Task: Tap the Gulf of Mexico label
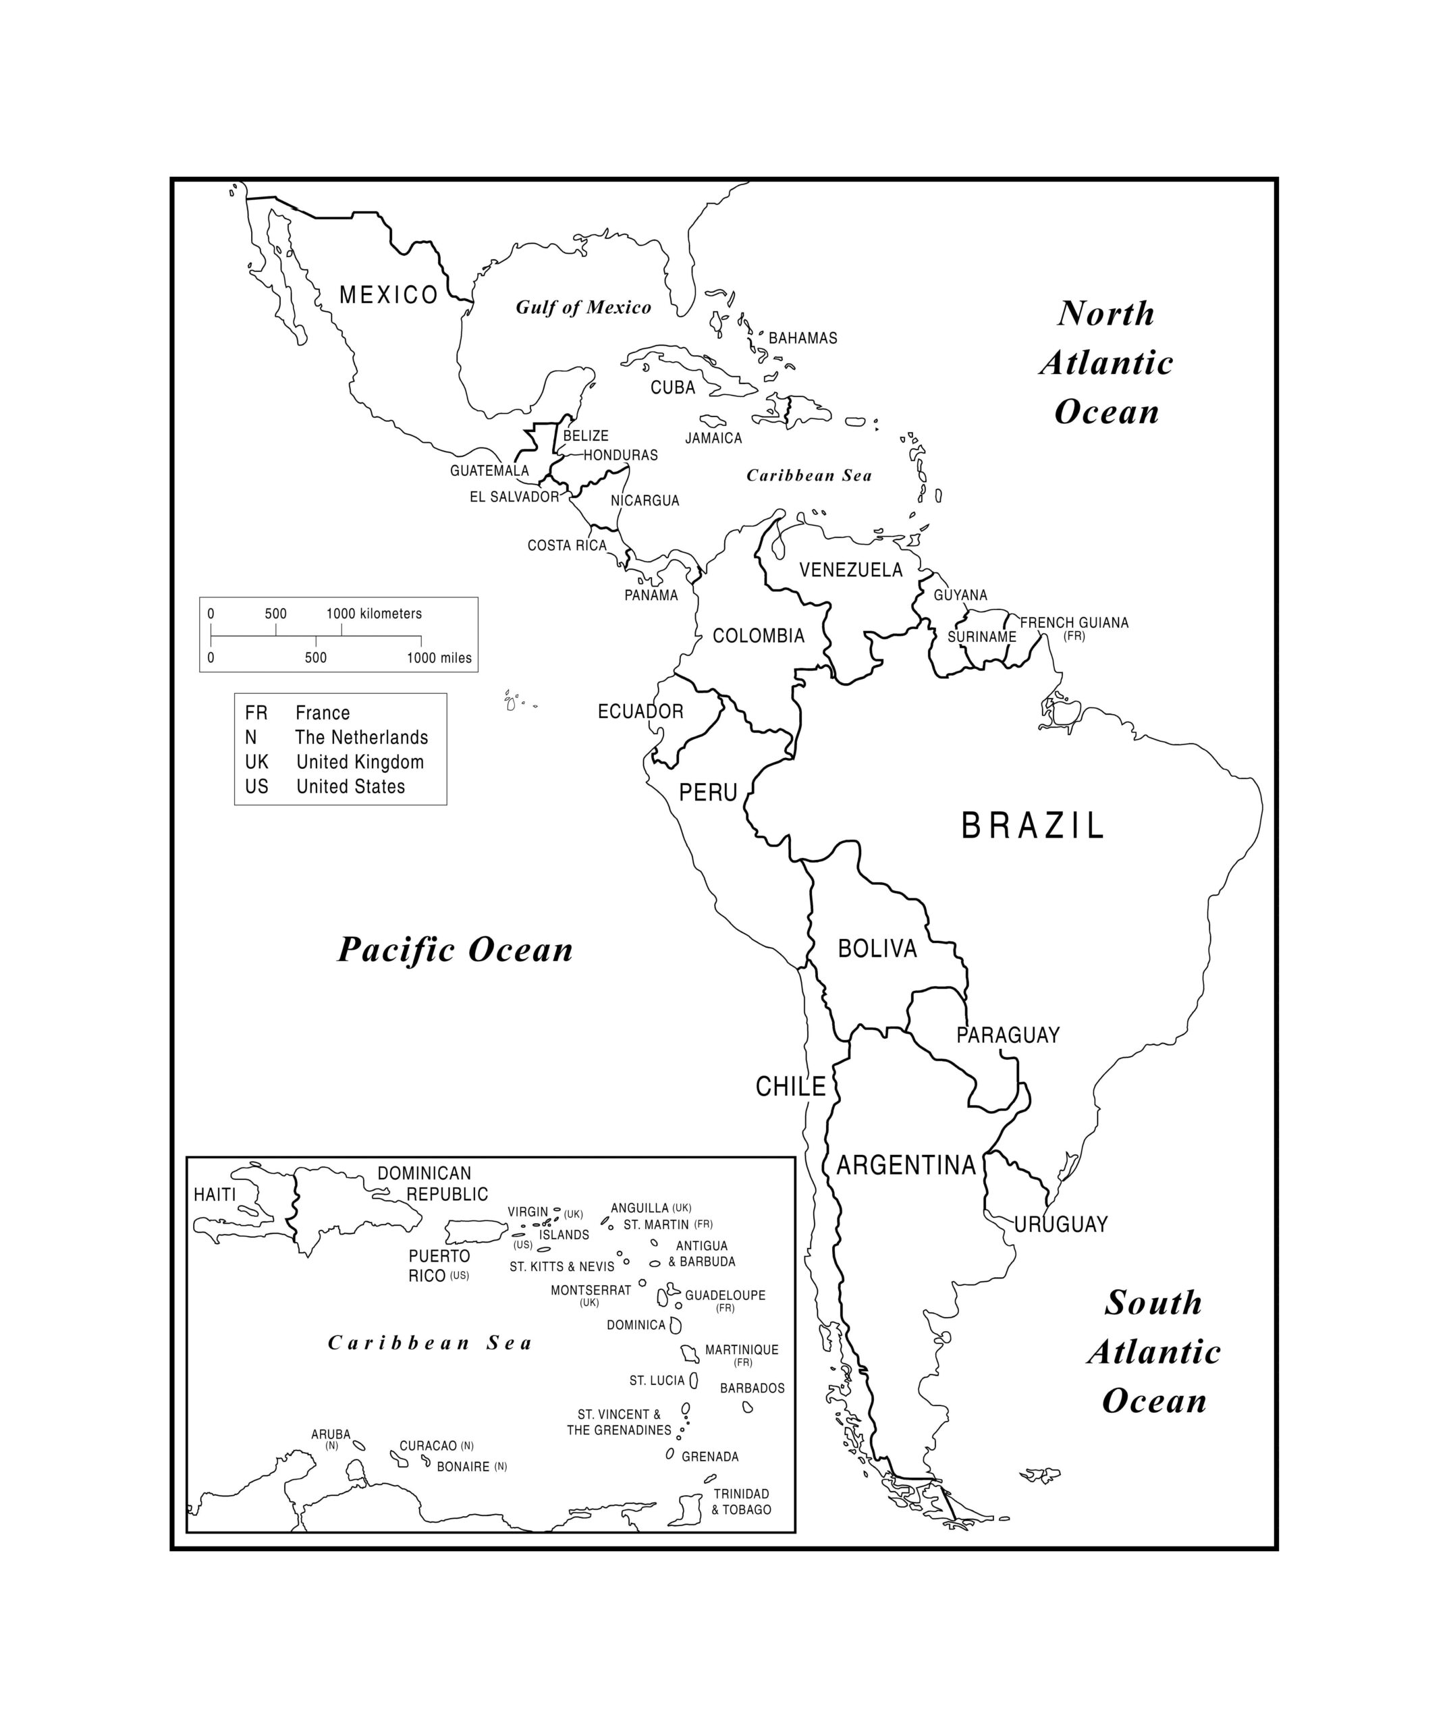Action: coord(582,307)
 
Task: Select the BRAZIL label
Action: coord(1032,826)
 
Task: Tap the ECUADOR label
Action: coord(640,711)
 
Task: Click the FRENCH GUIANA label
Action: coord(1073,623)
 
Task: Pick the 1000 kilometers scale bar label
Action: coord(374,614)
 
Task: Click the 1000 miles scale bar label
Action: coord(439,658)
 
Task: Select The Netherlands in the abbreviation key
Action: coord(361,737)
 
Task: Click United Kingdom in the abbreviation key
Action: coord(360,762)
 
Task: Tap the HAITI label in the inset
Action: coord(215,1195)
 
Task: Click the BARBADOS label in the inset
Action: coord(751,1388)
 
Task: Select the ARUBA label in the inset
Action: coord(331,1434)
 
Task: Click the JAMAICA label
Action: coord(713,439)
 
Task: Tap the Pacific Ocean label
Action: coord(455,950)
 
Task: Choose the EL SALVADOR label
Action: coord(514,497)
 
